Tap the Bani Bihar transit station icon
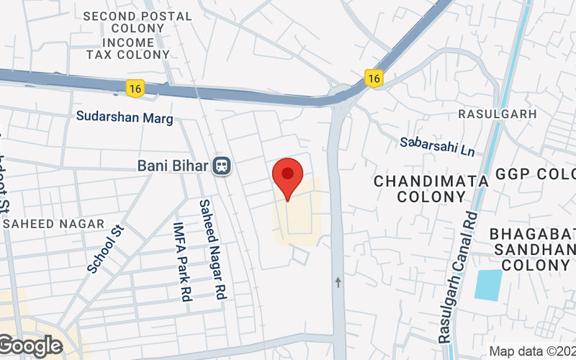point(221,166)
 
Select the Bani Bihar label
point(174,166)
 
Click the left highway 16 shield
point(134,88)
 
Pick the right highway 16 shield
point(372,78)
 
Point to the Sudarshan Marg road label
point(125,117)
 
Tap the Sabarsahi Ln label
point(438,147)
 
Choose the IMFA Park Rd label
point(180,260)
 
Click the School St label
point(106,248)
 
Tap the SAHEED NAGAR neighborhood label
point(54,224)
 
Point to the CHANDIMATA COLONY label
point(431,188)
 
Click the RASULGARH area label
point(498,114)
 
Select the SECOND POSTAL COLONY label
point(138,22)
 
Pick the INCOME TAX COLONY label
point(128,48)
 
